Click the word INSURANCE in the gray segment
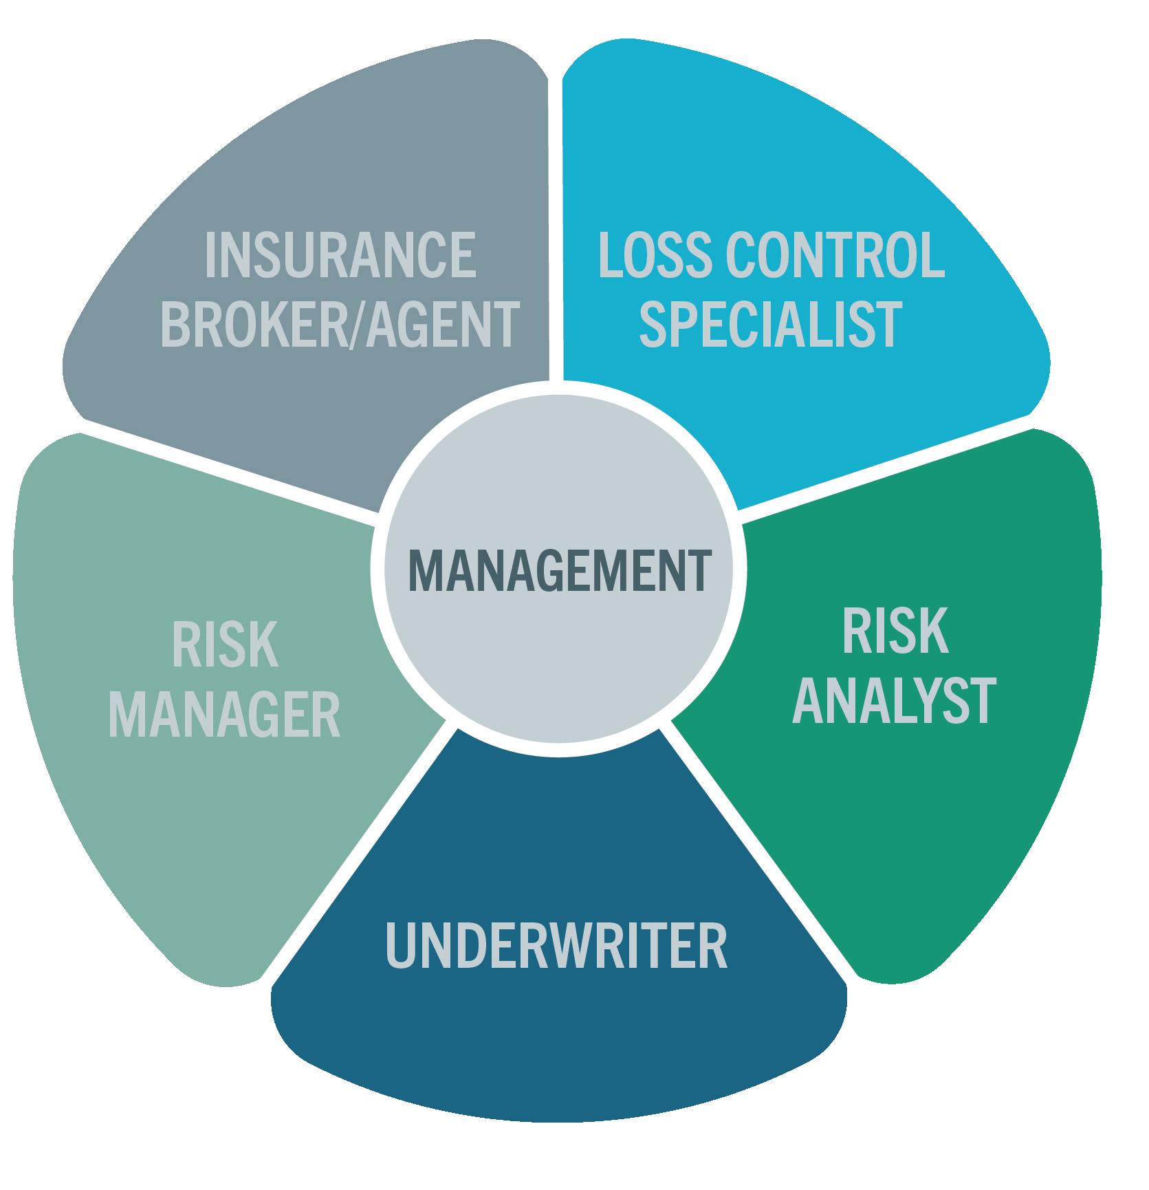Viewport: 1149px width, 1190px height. (x=340, y=256)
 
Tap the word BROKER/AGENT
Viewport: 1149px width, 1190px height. (x=340, y=324)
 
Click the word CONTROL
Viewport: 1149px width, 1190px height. (x=835, y=256)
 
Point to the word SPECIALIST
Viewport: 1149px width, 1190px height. (x=771, y=324)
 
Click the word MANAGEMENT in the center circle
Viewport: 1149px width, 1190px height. (x=559, y=571)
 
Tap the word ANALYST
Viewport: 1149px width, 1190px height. (x=894, y=701)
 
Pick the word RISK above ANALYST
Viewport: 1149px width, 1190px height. (x=895, y=632)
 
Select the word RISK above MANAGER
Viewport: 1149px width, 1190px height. (x=225, y=645)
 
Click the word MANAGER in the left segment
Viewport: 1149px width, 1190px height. (x=225, y=716)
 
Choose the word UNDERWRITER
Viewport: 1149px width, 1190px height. (x=556, y=946)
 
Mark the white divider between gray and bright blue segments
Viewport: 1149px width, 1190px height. (x=556, y=227)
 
